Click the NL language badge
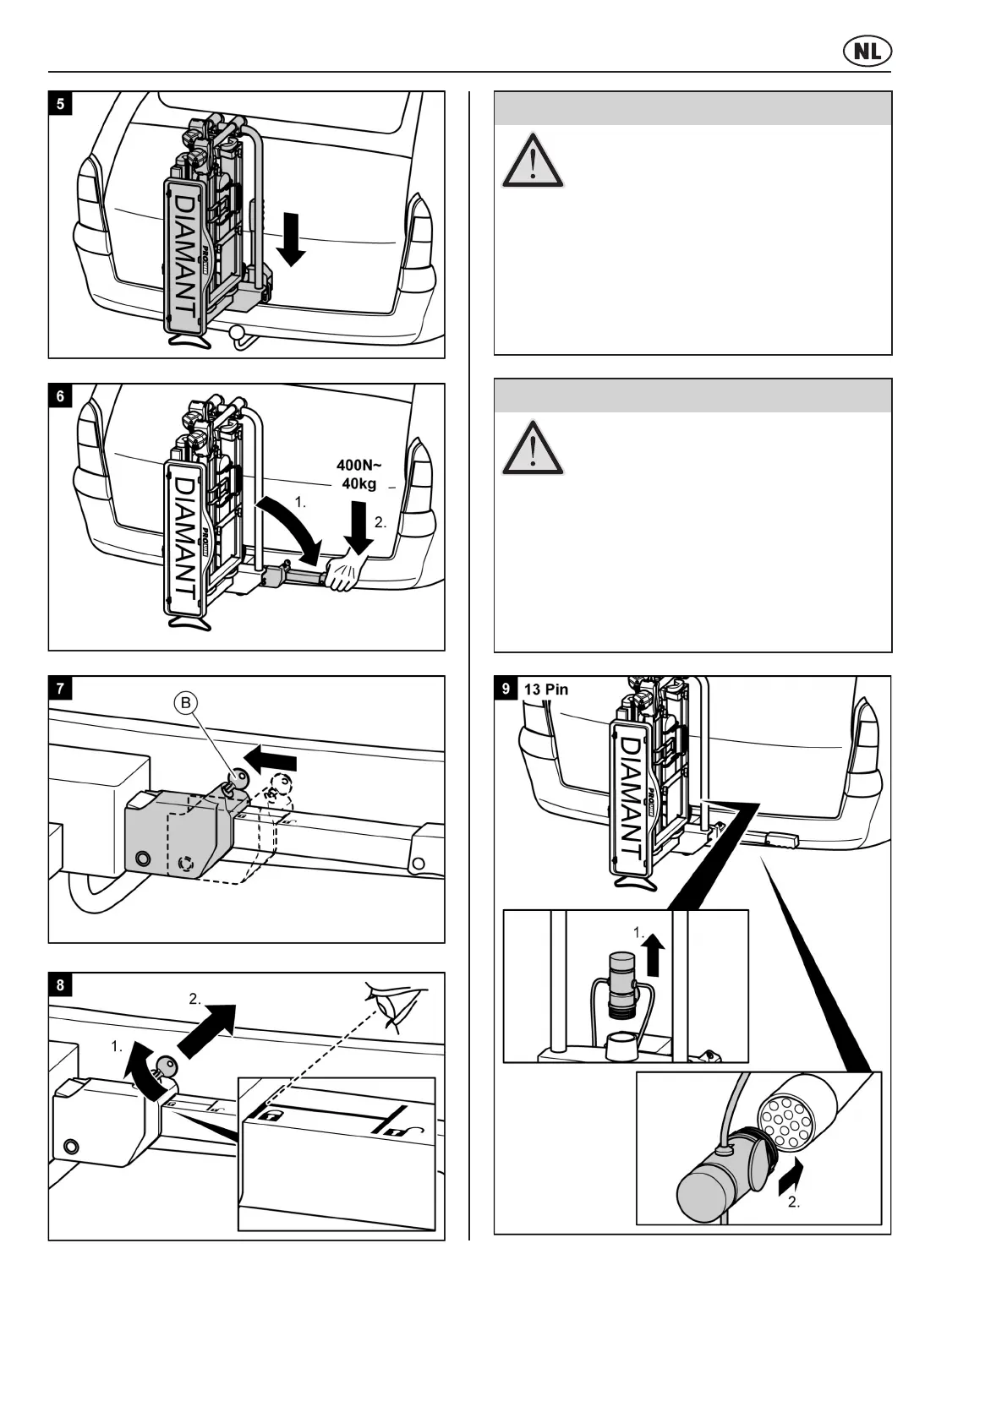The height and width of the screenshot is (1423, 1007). [867, 52]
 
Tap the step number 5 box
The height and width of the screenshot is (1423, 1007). [60, 104]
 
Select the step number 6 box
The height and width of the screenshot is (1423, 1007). [60, 395]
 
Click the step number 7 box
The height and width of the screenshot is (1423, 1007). [60, 688]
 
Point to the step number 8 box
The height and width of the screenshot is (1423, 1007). [60, 984]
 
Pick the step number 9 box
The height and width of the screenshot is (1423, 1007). [506, 689]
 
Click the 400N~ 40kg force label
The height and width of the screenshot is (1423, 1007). [359, 474]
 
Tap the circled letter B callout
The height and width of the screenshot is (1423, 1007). [186, 703]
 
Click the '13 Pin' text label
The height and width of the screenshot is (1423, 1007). [546, 689]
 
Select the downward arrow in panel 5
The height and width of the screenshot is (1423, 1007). [291, 238]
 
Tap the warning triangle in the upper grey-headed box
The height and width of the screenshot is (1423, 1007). [533, 161]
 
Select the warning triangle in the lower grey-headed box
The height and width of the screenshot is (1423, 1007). [533, 448]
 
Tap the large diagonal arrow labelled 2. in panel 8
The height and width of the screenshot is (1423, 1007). [208, 1028]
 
